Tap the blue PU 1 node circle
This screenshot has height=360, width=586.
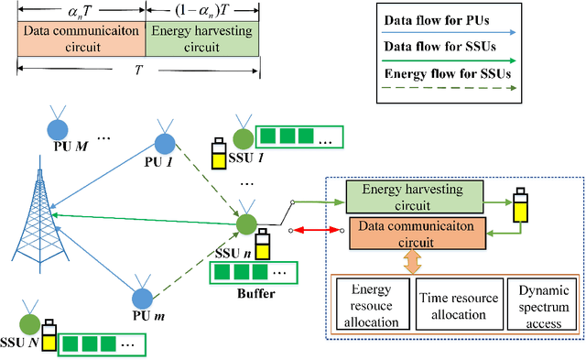(164, 143)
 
